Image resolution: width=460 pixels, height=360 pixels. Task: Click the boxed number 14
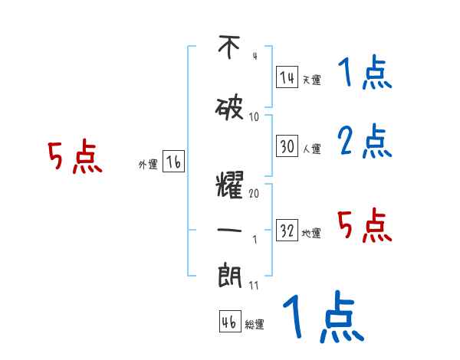point(287,77)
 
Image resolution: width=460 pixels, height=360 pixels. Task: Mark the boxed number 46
point(229,322)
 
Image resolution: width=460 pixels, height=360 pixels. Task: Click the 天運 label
point(311,80)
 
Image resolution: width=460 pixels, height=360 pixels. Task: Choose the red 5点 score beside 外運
point(74,158)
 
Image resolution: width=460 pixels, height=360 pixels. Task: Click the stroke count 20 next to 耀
point(254,194)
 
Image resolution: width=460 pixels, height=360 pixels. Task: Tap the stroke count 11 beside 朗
point(254,286)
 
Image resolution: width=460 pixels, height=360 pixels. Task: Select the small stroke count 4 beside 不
point(254,56)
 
